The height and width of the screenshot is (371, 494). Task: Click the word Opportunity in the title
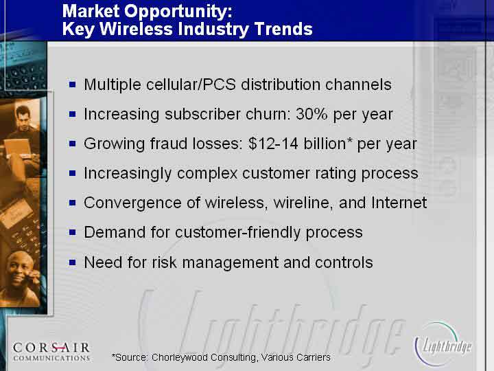coord(178,12)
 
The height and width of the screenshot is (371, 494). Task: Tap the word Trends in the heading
coord(283,29)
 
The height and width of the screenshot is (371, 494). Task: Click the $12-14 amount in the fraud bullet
coord(273,144)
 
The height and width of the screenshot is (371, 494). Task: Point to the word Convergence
coord(132,203)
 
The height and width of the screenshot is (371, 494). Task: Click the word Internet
coord(399,203)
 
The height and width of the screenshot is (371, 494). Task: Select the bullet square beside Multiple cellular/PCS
coord(73,85)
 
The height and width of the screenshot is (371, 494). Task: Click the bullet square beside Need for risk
coord(73,262)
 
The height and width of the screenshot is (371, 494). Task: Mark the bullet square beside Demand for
coord(73,232)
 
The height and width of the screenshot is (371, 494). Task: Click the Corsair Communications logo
coord(51,352)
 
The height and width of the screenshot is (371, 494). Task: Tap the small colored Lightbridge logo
coord(443,345)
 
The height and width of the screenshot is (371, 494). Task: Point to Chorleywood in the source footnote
coord(180,357)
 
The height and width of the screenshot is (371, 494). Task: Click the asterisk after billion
coord(349,140)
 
